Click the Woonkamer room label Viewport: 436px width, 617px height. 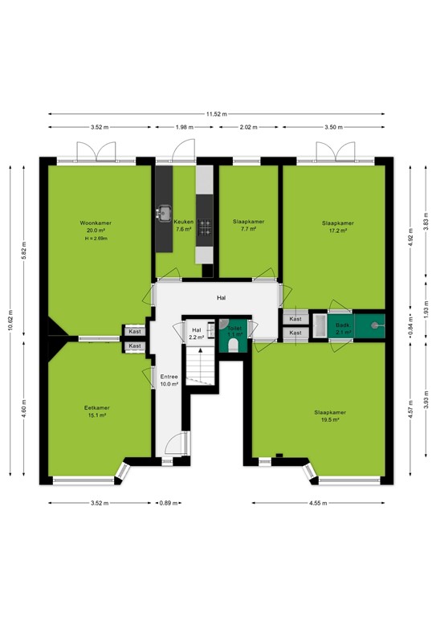(96, 223)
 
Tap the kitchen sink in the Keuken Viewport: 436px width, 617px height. (164, 213)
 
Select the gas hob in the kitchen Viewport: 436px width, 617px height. (205, 227)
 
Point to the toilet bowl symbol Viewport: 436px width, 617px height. (233, 345)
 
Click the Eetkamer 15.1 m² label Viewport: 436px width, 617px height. (96, 411)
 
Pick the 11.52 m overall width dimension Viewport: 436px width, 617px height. (217, 114)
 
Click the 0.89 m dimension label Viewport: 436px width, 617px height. (169, 503)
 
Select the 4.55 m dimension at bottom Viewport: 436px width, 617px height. (318, 503)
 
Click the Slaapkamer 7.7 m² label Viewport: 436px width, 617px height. (248, 225)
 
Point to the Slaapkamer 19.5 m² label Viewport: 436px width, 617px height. (330, 416)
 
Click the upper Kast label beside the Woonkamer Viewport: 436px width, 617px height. (135, 332)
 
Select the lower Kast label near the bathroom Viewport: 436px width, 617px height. (295, 333)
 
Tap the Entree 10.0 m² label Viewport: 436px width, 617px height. (169, 381)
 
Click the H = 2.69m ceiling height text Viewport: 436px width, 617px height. (96, 239)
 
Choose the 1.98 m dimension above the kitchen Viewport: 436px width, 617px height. (185, 127)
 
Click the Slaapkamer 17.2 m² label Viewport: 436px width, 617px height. (338, 227)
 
